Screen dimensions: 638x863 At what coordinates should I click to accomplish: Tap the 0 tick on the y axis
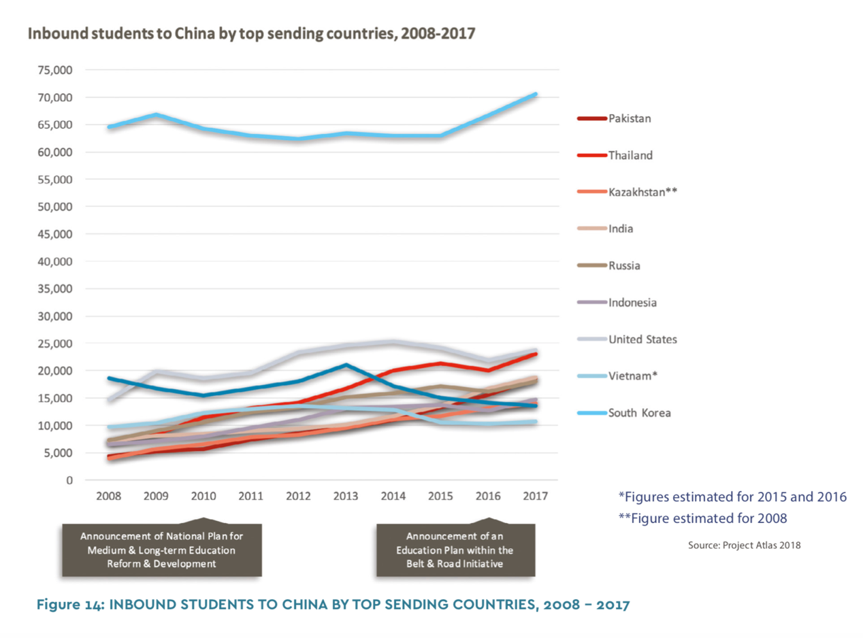[x=69, y=480]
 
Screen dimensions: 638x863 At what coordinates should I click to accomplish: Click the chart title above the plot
[x=251, y=34]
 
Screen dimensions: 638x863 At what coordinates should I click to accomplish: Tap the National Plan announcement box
[x=162, y=550]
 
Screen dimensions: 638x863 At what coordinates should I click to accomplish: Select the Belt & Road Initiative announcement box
[x=456, y=550]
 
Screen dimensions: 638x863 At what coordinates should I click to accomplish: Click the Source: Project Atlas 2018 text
[x=745, y=545]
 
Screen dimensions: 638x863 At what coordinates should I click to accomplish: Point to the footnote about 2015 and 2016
[x=732, y=497]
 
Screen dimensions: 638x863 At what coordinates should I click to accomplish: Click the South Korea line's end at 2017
[x=536, y=94]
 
